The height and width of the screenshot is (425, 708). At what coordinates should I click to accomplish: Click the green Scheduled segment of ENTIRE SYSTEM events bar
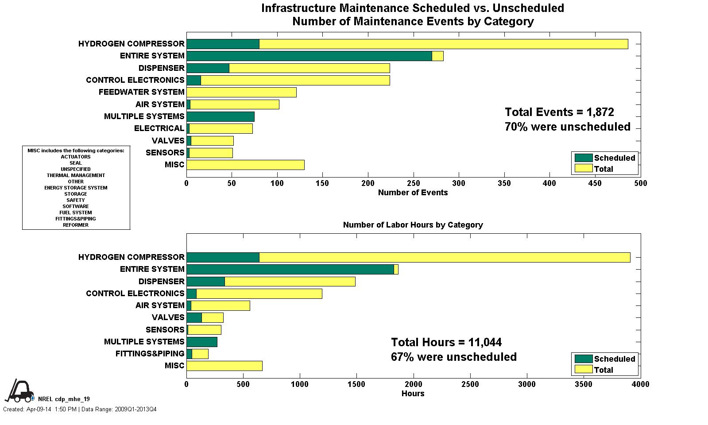[309, 56]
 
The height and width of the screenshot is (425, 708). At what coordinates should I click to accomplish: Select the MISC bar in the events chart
[245, 165]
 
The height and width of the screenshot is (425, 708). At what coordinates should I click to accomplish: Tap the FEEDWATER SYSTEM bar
[241, 92]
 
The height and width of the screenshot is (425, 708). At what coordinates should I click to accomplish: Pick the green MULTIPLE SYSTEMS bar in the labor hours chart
[202, 342]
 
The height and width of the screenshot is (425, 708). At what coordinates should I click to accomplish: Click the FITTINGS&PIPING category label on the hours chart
[150, 354]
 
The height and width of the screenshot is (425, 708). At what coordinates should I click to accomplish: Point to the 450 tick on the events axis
[595, 183]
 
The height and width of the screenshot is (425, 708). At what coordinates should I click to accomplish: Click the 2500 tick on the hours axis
[470, 384]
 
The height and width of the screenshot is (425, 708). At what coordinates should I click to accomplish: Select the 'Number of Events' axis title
[413, 193]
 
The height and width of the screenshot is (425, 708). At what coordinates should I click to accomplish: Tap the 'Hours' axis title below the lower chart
[413, 394]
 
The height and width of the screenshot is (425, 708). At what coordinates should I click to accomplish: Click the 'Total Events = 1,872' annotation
[559, 112]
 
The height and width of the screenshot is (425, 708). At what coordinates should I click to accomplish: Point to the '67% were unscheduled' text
[453, 357]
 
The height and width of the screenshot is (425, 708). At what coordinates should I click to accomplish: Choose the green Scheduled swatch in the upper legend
[583, 158]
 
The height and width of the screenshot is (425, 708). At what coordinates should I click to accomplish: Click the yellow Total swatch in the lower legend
[583, 369]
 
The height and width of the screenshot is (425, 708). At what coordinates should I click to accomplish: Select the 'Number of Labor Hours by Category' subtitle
[413, 225]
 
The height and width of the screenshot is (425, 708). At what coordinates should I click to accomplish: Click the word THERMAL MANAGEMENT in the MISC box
[76, 175]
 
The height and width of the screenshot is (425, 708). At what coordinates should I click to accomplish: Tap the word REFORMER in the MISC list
[76, 225]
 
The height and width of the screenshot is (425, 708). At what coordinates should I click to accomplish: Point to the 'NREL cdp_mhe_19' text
[64, 399]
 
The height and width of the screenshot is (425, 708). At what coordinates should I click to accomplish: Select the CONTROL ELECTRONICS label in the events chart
[135, 80]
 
